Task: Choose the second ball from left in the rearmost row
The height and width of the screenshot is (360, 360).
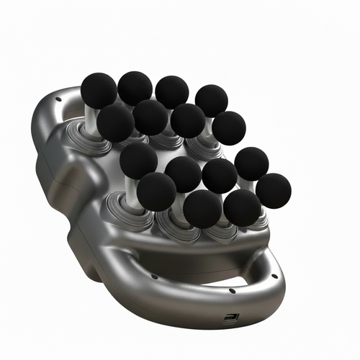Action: pos(135,88)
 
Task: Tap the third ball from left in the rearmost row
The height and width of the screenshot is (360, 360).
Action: pos(172,92)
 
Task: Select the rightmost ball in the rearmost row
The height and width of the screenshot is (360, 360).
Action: pos(211,101)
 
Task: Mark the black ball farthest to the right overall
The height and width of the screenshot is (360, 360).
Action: pos(274,191)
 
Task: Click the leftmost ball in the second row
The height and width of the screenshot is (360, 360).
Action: pos(116,122)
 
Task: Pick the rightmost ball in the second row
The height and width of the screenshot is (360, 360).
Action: pos(228,128)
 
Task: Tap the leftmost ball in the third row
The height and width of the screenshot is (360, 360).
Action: pos(138,161)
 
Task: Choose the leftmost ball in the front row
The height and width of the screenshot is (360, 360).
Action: pos(156,191)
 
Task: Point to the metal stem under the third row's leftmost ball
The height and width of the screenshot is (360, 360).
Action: pos(132,191)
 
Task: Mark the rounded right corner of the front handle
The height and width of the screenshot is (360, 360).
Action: pos(277,266)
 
